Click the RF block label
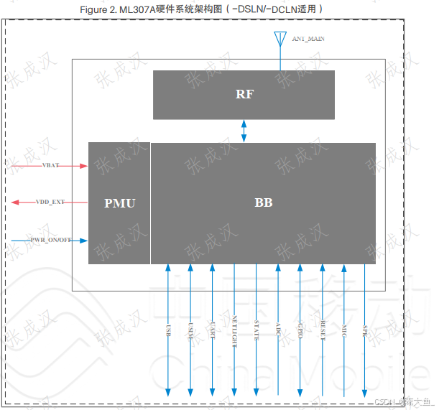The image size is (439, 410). (x=244, y=94)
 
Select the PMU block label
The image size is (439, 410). (x=119, y=203)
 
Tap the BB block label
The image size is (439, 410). (x=263, y=203)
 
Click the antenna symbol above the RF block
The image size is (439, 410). (x=279, y=39)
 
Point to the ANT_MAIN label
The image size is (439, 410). (x=308, y=38)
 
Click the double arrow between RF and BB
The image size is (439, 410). (x=244, y=131)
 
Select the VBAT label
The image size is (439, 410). (x=50, y=166)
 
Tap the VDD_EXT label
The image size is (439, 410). (x=50, y=202)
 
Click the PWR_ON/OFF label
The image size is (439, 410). (x=51, y=240)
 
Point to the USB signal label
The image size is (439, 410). (x=168, y=331)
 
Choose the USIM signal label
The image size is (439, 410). (x=190, y=331)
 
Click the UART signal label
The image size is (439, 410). (x=213, y=331)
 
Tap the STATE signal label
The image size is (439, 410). (x=257, y=331)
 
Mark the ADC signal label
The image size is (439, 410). (x=279, y=331)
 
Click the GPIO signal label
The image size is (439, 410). (x=300, y=331)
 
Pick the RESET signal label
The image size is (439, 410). (x=323, y=331)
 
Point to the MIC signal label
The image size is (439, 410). (x=345, y=331)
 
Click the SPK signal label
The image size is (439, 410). (x=366, y=331)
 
